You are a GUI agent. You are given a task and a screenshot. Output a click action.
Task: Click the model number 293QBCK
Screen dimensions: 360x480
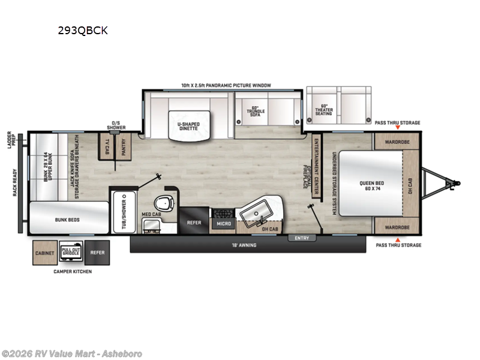point(83,30)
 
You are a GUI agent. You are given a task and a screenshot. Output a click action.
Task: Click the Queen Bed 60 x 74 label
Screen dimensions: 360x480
point(371,184)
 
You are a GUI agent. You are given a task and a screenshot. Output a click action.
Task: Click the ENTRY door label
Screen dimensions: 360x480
point(302,238)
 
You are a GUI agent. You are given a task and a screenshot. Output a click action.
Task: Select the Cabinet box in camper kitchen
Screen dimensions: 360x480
point(44,253)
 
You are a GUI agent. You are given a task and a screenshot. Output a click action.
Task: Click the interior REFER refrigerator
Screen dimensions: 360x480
point(194,221)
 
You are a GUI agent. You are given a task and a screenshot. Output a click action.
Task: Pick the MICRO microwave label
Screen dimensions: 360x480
point(223,224)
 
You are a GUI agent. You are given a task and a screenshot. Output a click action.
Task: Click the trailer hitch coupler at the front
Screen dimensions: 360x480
point(456,183)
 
